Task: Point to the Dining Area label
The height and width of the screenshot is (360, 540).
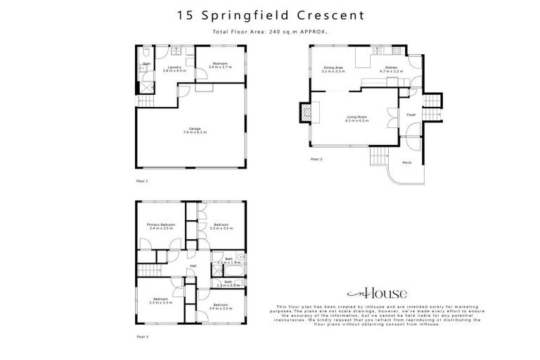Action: [x=333, y=69]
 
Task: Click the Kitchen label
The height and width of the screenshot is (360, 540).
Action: [x=391, y=69]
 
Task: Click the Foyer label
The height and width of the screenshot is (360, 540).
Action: [x=411, y=115]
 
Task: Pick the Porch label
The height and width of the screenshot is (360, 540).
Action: [x=406, y=162]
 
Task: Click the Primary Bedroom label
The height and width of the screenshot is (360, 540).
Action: [x=161, y=226]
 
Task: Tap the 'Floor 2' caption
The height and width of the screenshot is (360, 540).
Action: [x=316, y=160]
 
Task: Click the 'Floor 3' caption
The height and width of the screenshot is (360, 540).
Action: [x=142, y=337]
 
